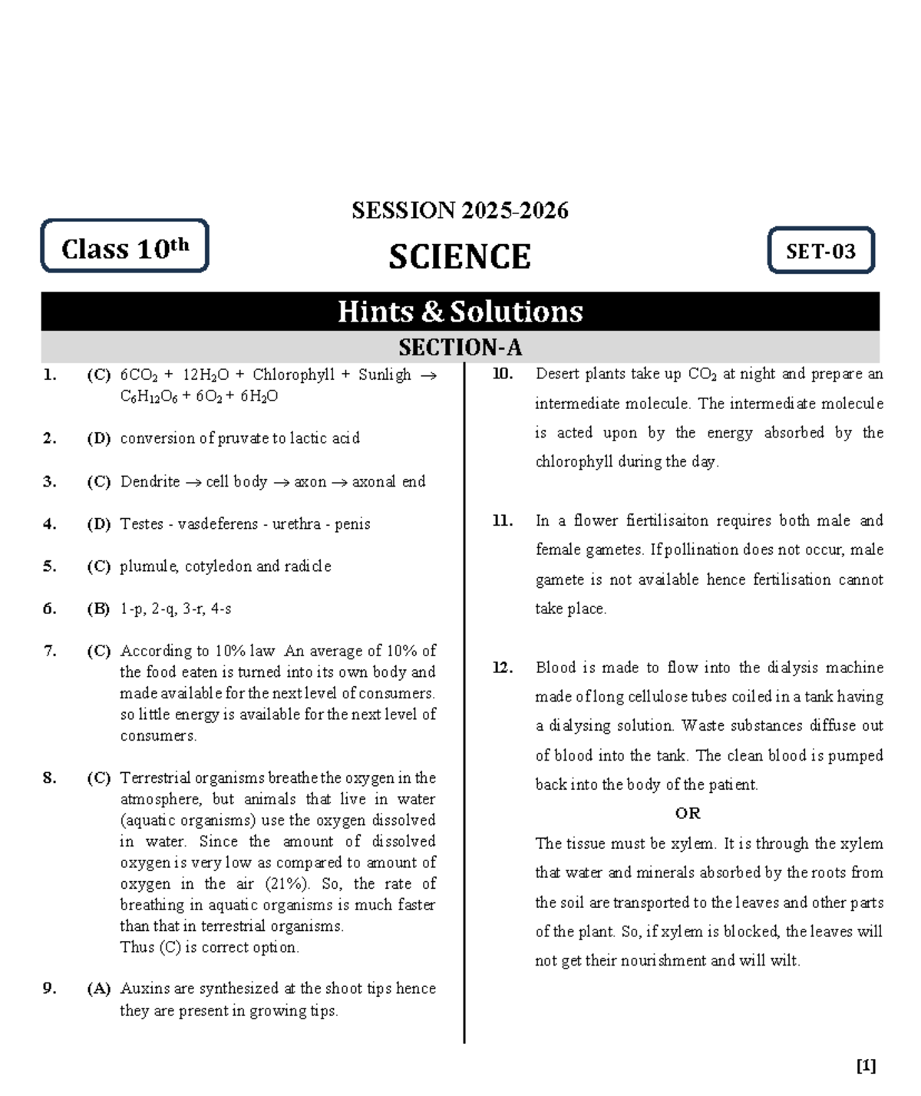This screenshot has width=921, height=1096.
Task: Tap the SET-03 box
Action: pyautogui.click(x=820, y=251)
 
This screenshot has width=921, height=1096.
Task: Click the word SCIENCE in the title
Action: pyautogui.click(x=459, y=257)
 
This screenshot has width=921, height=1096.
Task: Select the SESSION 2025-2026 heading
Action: pyautogui.click(x=460, y=210)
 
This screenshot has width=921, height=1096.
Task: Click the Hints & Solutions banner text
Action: pyautogui.click(x=460, y=312)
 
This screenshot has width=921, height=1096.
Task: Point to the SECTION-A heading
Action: pyautogui.click(x=460, y=348)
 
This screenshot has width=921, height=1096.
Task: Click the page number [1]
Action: pyautogui.click(x=866, y=1065)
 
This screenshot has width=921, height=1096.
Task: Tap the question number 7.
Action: pyautogui.click(x=50, y=651)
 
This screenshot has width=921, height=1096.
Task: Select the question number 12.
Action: pyautogui.click(x=502, y=667)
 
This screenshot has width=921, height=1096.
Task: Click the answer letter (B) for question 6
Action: pyautogui.click(x=98, y=609)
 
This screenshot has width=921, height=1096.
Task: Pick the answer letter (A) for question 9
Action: pyautogui.click(x=98, y=989)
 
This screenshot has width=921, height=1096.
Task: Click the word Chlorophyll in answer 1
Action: pyautogui.click(x=293, y=375)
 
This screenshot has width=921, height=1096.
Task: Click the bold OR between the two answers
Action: pyautogui.click(x=688, y=814)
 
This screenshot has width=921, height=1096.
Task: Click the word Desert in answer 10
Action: pyautogui.click(x=557, y=374)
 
